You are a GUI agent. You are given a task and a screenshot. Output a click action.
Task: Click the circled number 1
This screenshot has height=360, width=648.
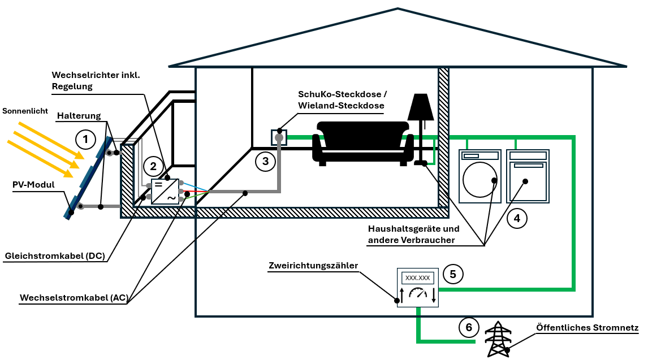85,138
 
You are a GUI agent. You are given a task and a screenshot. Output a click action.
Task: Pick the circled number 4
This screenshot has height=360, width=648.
516,218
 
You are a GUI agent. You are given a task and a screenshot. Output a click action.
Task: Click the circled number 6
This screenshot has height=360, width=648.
469,328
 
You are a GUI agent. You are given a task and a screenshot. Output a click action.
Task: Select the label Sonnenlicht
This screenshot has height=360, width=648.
25,111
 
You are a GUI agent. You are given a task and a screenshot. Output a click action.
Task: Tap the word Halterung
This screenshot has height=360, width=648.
79,116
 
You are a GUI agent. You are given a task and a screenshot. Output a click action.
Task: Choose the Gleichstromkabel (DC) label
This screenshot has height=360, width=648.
54,256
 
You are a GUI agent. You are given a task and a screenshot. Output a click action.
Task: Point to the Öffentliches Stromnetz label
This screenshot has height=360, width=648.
587,328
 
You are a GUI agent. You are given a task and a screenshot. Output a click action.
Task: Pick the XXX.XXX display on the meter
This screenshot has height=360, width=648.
418,278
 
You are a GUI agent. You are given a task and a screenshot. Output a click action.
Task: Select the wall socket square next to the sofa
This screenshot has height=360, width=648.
279,137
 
